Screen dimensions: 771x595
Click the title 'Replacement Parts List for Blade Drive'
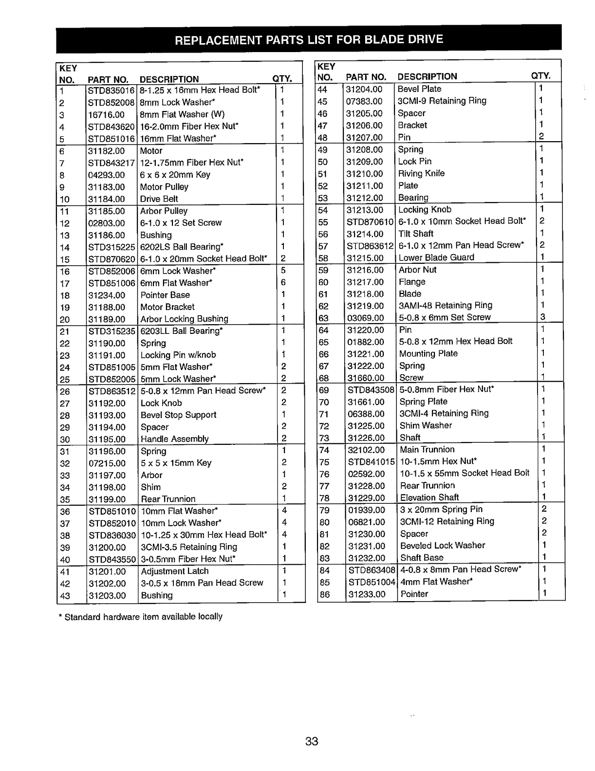(x=309, y=39)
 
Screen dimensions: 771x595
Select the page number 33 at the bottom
(x=312, y=741)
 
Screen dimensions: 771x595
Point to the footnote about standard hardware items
(x=140, y=617)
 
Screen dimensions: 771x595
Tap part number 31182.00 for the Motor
(x=106, y=151)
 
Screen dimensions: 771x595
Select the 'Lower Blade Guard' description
(x=436, y=257)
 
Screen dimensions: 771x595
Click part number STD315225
(x=111, y=247)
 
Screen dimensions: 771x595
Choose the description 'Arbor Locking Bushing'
(x=184, y=319)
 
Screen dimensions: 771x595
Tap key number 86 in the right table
(x=324, y=594)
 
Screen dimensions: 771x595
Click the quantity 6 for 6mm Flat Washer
(x=283, y=283)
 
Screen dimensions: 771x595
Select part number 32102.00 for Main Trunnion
(x=366, y=450)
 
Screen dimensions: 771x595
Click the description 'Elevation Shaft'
(x=429, y=497)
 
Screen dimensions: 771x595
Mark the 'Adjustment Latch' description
(x=174, y=571)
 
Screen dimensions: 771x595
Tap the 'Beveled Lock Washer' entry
(x=442, y=546)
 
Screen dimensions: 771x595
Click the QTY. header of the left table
(x=282, y=79)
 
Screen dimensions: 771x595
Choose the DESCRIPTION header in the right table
(x=427, y=76)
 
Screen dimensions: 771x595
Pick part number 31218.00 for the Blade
(x=365, y=294)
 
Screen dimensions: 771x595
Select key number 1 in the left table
(x=62, y=91)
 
